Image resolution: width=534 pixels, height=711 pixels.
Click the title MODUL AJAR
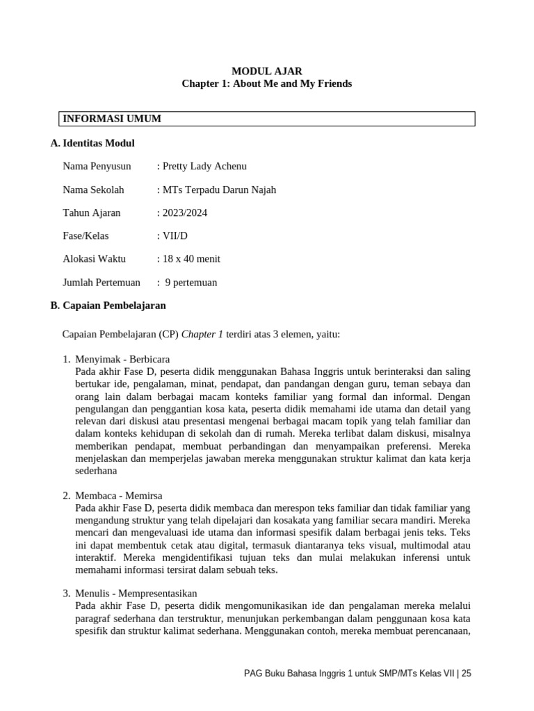pyautogui.click(x=266, y=71)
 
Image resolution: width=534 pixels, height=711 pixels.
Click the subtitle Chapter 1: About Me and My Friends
pyautogui.click(x=266, y=84)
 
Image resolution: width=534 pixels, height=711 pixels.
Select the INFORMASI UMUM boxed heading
pyautogui.click(x=112, y=119)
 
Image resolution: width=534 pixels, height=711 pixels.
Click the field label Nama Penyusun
pyautogui.click(x=97, y=167)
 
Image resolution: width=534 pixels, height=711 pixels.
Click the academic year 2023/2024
pyautogui.click(x=184, y=212)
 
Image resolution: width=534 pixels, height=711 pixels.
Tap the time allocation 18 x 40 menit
pyautogui.click(x=191, y=259)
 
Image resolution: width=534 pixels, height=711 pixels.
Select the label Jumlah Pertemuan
pyautogui.click(x=102, y=283)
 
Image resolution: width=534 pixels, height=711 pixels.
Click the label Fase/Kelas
pyautogui.click(x=86, y=236)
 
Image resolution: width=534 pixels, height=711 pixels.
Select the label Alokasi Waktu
pyautogui.click(x=94, y=259)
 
